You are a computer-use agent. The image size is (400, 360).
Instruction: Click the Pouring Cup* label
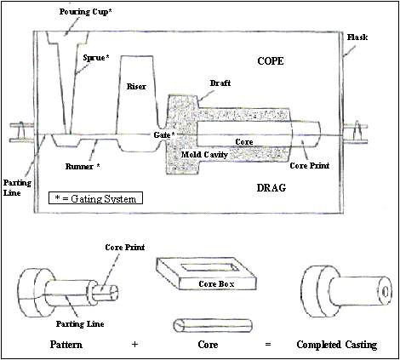point(85,12)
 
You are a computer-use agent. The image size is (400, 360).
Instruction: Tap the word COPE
point(271,61)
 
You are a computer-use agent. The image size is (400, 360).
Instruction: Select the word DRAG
point(271,188)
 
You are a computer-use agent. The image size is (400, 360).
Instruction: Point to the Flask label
point(357,37)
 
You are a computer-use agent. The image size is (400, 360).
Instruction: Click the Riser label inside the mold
point(136,86)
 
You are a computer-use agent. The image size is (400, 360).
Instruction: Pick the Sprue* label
point(96,58)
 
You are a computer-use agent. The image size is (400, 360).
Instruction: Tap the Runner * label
point(83,166)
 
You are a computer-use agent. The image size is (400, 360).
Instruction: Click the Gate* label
point(164,134)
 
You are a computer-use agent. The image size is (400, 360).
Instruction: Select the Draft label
point(220,83)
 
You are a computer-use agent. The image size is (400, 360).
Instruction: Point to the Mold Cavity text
point(204,155)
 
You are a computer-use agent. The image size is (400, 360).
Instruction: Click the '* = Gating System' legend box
point(95,198)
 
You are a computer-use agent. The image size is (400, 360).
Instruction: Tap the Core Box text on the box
point(216,283)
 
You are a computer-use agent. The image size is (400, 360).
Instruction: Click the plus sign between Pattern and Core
point(134,345)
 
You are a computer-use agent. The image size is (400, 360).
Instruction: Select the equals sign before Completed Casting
point(268,345)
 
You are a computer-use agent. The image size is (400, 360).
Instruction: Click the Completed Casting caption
point(337,345)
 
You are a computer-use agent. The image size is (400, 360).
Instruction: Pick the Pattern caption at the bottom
point(66,345)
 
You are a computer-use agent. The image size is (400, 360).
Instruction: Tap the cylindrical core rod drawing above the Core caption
point(213,325)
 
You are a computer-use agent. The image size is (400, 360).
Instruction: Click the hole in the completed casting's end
point(386,292)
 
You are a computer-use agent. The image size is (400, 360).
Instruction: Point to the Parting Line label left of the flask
point(17,188)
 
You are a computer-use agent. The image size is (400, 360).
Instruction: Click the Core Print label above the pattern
point(125,248)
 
